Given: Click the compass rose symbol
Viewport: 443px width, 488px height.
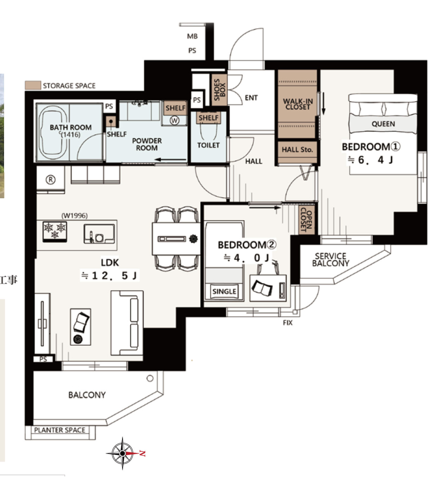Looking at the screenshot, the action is click(123, 453).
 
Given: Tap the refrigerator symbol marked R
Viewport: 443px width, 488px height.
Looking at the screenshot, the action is click(50, 179).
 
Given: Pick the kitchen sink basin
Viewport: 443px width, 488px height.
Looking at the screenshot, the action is click(99, 234).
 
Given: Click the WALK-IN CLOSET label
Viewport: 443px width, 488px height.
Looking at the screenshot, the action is click(298, 104).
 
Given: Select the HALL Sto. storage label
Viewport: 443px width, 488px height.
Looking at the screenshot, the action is click(297, 149).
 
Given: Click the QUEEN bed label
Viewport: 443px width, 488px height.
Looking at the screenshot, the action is click(383, 124).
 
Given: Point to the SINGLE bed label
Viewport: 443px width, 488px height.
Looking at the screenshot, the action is click(224, 292).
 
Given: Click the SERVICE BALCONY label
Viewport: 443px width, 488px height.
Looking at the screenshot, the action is click(331, 260).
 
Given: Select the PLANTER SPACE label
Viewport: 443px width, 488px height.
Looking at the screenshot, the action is click(60, 430).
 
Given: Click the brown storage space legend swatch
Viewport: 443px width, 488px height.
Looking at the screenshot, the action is click(33, 85).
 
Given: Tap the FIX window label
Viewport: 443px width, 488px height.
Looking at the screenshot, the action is click(288, 323).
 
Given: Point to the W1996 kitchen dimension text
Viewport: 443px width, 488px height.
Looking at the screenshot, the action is click(74, 216).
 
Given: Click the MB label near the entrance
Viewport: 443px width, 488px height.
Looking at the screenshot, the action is click(192, 37).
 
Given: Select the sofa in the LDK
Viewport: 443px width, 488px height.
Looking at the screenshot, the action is click(127, 323).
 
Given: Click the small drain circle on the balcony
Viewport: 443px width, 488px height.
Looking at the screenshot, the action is click(150, 378).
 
